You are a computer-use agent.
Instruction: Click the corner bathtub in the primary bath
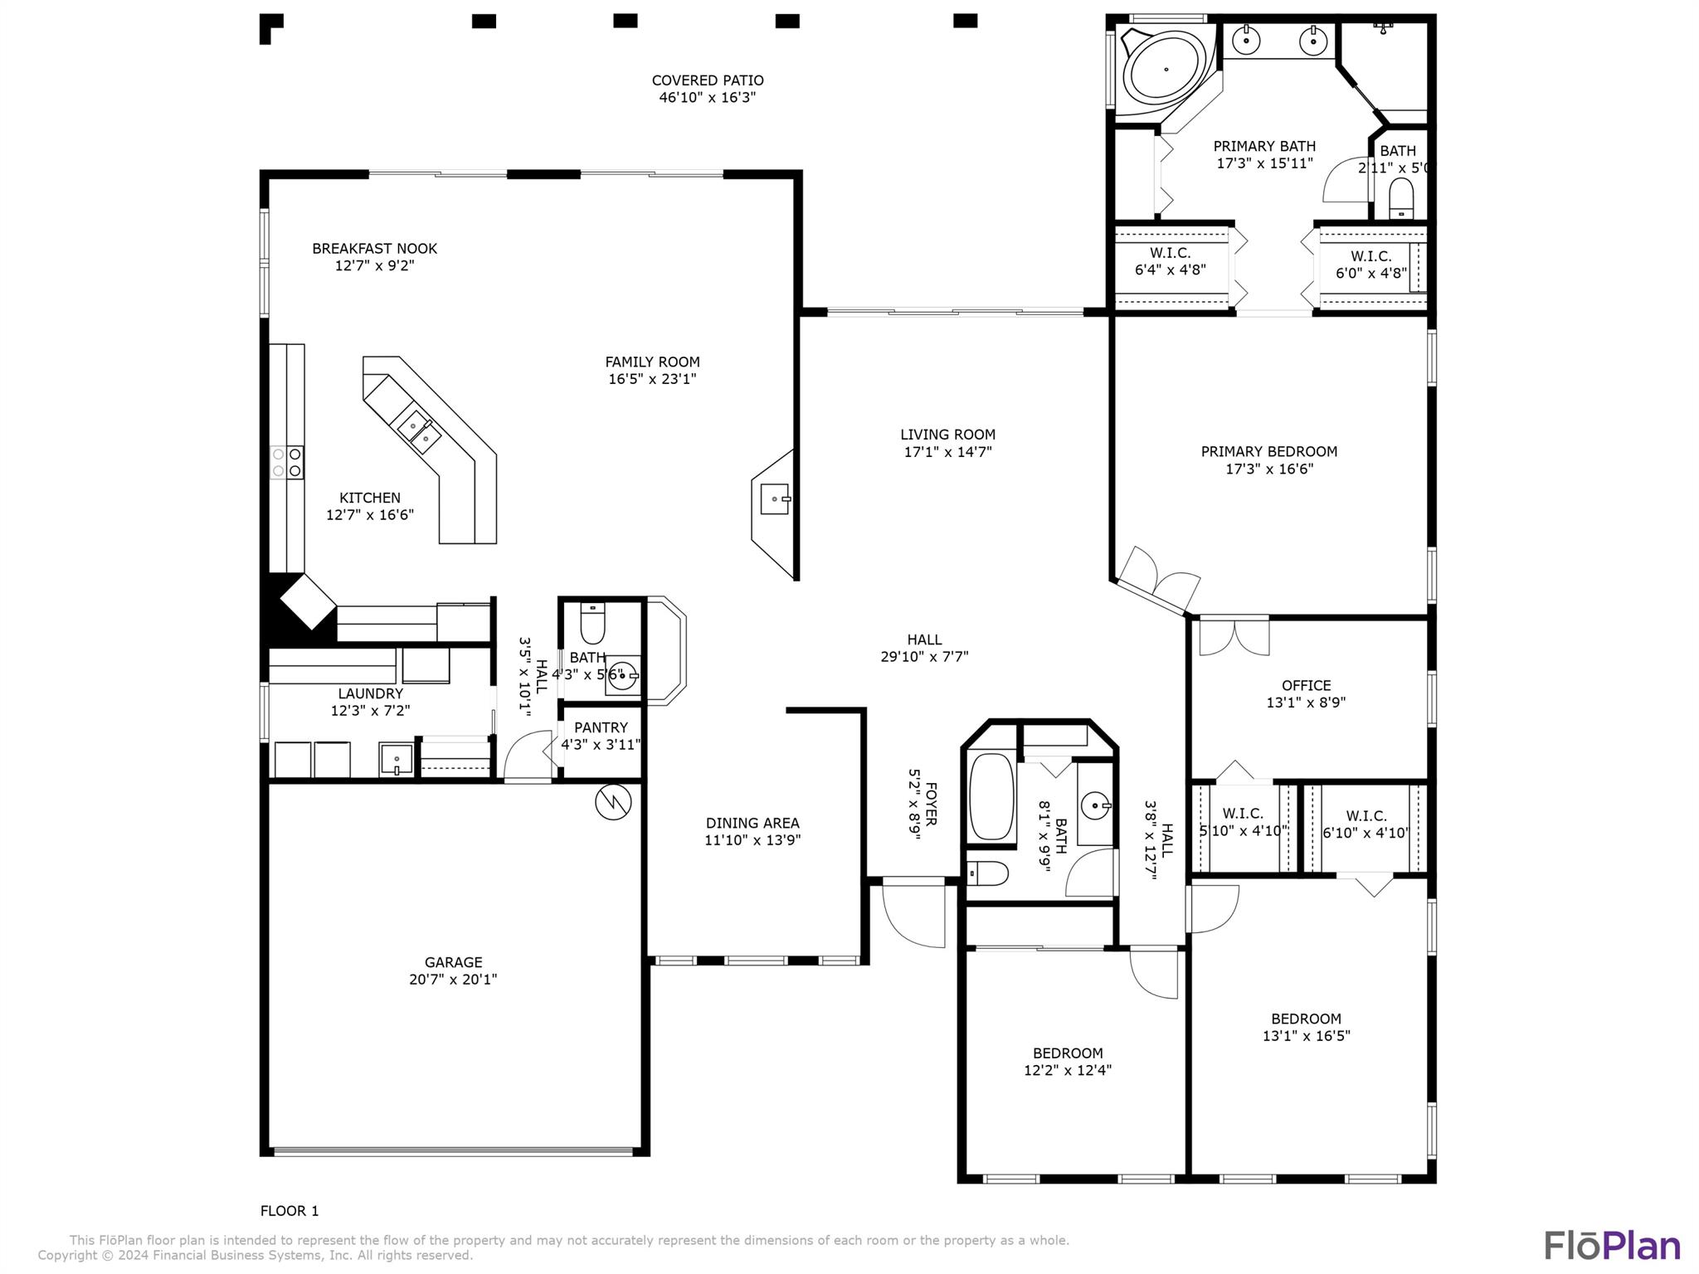[x=1165, y=70]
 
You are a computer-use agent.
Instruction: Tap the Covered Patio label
[x=707, y=80]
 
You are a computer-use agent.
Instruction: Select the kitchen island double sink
[x=419, y=430]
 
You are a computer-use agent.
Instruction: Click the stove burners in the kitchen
[x=286, y=462]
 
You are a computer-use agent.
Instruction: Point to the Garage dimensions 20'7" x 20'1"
[x=453, y=979]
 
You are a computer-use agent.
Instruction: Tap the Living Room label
[x=947, y=435]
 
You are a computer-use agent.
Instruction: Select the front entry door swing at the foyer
[x=914, y=912]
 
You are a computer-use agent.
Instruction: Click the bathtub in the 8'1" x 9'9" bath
[x=991, y=797]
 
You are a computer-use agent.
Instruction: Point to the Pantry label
[x=601, y=727]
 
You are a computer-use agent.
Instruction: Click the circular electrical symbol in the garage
[x=613, y=801]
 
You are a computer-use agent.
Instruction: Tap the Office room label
[x=1306, y=685]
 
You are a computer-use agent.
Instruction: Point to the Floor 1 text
[x=290, y=1211]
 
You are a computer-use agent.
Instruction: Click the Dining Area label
[x=752, y=823]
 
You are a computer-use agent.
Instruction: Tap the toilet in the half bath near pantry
[x=593, y=624]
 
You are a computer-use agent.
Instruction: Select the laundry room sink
[x=397, y=759]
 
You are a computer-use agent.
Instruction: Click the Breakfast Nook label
[x=374, y=248]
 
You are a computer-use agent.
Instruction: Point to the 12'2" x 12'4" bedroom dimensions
[x=1067, y=1070]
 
